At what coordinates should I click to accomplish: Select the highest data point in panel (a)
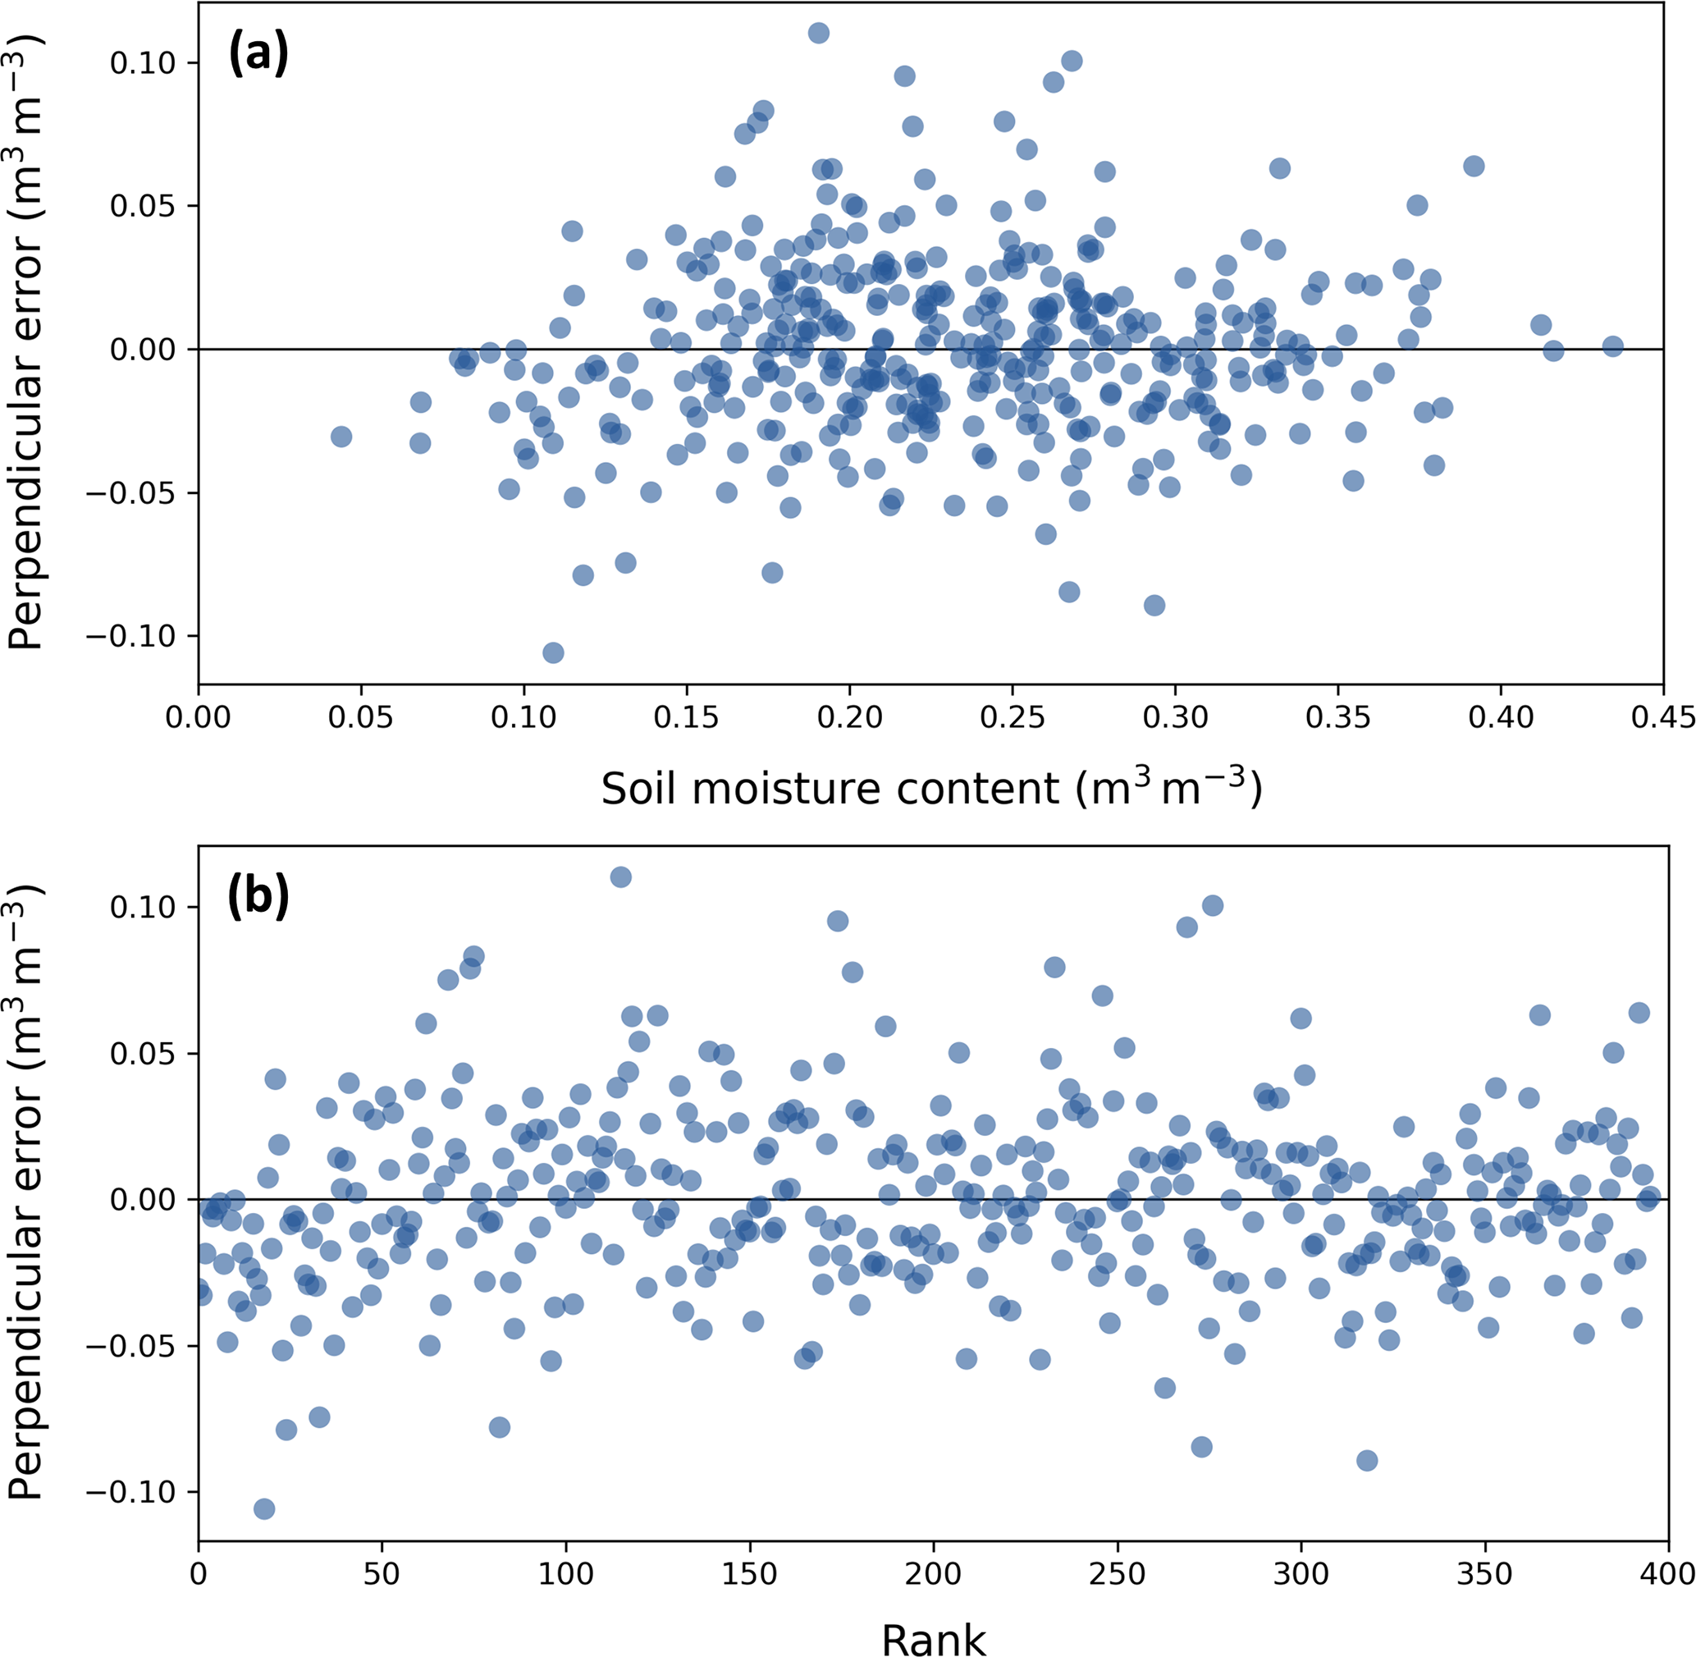[819, 33]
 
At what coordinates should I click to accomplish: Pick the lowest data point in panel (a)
[552, 652]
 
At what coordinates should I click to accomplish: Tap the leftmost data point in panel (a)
[341, 436]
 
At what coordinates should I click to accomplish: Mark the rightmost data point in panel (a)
[1612, 346]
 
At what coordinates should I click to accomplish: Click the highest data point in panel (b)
[620, 877]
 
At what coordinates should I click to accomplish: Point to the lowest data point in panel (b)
[264, 1509]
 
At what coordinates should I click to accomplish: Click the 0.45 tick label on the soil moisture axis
[1663, 719]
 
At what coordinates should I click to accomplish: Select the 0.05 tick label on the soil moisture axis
[361, 719]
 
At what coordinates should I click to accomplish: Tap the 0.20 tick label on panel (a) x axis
[849, 719]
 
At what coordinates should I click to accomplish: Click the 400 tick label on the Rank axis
[1667, 1573]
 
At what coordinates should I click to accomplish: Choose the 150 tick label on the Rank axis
[749, 1573]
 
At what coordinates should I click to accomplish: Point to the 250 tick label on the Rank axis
[1117, 1573]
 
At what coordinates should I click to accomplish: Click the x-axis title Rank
[934, 1638]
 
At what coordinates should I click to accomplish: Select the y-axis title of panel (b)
[26, 1193]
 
